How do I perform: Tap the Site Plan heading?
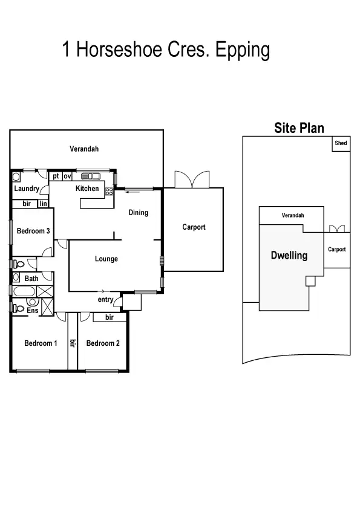299,128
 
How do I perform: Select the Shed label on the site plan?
341,143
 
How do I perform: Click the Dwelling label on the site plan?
289,256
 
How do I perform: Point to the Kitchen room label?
87,189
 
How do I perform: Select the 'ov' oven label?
67,177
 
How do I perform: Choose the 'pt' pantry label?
56,177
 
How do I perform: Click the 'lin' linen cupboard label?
44,204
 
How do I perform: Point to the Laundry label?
27,189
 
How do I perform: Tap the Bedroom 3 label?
33,231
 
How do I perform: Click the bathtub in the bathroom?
25,293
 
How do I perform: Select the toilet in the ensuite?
19,308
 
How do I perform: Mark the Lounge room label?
106,259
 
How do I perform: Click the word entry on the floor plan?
105,300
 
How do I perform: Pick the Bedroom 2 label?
103,343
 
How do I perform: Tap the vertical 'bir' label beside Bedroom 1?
72,343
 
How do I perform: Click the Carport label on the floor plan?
194,227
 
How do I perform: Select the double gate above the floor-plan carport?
192,180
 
